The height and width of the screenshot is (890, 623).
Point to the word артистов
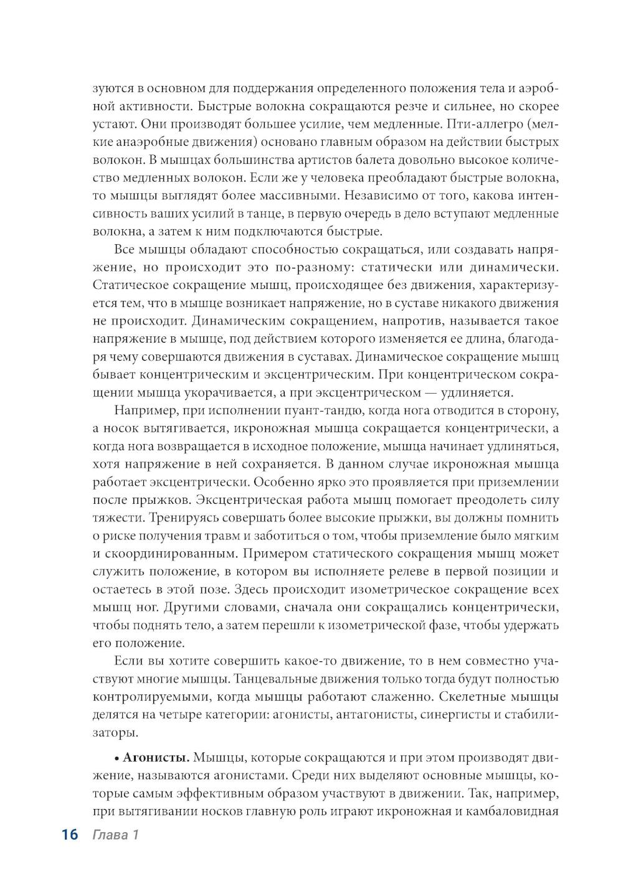[x=290, y=159]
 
